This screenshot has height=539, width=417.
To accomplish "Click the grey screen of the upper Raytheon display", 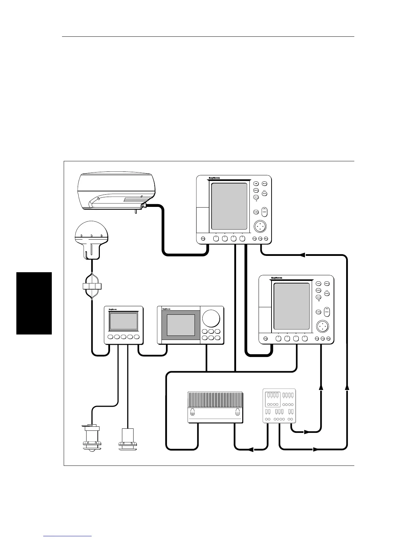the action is pyautogui.click(x=229, y=206).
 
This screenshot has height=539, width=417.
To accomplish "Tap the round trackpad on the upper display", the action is pyautogui.click(x=261, y=226).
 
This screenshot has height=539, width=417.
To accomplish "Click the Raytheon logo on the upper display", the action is pyautogui.click(x=214, y=178).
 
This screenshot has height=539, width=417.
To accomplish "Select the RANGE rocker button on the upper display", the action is pyautogui.click(x=264, y=212).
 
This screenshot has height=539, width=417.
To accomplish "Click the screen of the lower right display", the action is pyautogui.click(x=292, y=306).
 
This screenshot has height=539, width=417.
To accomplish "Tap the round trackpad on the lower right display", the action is pyautogui.click(x=322, y=326).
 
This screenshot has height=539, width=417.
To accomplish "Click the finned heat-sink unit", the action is pyautogui.click(x=215, y=407).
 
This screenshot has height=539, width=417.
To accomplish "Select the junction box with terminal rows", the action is pyautogui.click(x=279, y=406).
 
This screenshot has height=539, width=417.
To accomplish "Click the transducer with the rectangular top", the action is pyautogui.click(x=127, y=439).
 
